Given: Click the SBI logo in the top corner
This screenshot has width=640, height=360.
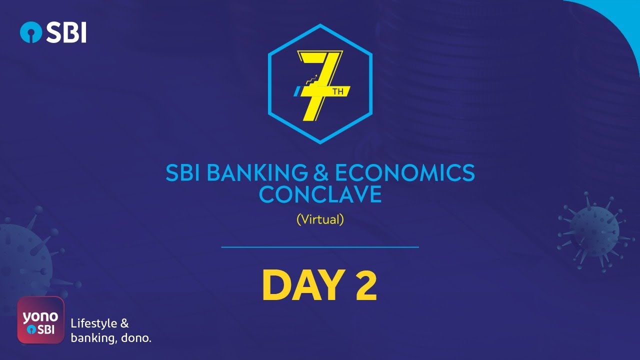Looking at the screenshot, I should coord(53,32).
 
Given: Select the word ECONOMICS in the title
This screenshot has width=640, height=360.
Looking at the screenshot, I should coord(404,173).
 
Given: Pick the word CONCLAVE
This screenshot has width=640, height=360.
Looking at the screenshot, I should coord(320,194).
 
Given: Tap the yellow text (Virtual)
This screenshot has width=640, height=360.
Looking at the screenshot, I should coord(320,219).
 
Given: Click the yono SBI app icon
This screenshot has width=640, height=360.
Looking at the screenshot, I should coord(41,320).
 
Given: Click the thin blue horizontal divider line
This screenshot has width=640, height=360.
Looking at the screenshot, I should coord(320,247).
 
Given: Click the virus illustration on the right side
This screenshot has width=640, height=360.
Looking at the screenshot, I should coord(593,229).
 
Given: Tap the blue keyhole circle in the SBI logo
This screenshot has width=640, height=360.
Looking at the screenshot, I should coord(31,32).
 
